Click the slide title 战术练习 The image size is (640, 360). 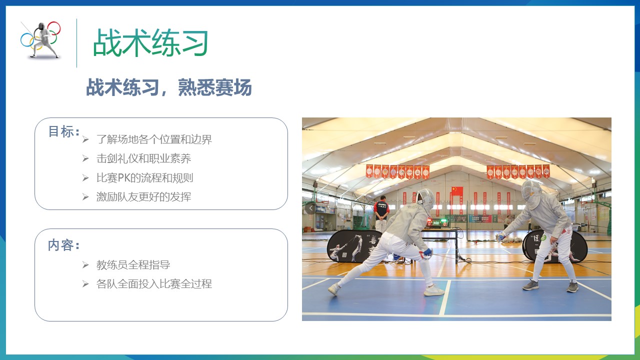150,42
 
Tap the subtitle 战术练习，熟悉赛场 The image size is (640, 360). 169,87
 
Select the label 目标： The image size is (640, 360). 64,131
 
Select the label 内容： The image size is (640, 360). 64,245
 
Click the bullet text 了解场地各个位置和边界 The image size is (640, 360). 154,139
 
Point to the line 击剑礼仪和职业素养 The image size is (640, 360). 143,158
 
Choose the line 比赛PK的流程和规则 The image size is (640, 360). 145,177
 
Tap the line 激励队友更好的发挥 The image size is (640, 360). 143,197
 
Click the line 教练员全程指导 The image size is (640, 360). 133,265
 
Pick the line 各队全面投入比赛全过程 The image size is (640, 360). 154,284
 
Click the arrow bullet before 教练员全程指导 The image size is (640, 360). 85,265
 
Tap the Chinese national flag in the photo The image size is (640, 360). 457,191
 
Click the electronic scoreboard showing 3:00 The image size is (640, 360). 437,222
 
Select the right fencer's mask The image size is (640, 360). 531,193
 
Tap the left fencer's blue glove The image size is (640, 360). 427,252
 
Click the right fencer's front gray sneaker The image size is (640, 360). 530,285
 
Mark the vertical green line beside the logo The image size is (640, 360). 76,43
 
